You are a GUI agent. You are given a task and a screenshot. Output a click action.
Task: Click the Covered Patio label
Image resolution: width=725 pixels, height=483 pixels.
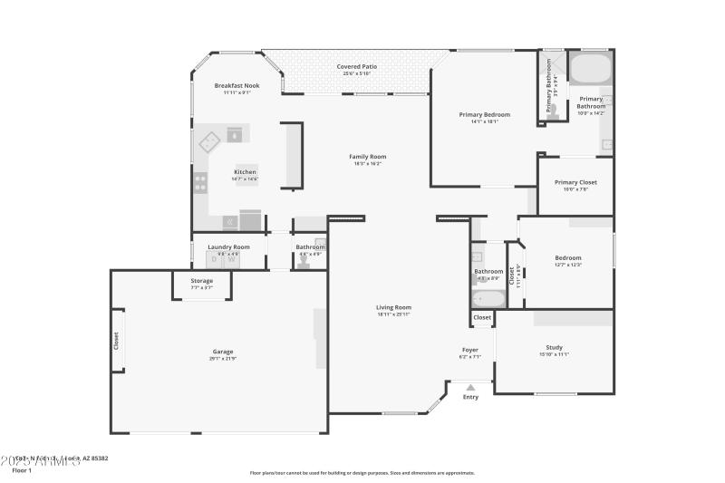pyautogui.click(x=357, y=67)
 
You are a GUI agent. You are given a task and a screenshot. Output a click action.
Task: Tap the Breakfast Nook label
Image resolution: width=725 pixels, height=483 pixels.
pyautogui.click(x=237, y=85)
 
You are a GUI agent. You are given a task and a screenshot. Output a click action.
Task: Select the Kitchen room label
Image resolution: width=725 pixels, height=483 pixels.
pyautogui.click(x=245, y=172)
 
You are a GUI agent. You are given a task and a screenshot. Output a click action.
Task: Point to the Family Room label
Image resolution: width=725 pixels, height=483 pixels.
pyautogui.click(x=367, y=157)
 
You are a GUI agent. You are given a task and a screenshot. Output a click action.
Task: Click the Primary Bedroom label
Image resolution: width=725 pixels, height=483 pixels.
pyautogui.click(x=484, y=115)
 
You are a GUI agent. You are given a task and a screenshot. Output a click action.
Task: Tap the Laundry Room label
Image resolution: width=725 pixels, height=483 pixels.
pyautogui.click(x=228, y=246)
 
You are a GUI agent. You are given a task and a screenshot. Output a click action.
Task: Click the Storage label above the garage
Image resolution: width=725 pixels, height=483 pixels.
pyautogui.click(x=202, y=281)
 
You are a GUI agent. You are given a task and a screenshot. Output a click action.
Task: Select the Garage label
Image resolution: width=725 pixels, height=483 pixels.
pyautogui.click(x=223, y=352)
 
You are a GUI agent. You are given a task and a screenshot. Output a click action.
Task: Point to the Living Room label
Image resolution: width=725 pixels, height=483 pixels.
pyautogui.click(x=393, y=307)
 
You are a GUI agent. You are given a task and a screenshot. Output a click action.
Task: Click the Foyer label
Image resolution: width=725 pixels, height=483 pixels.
pyautogui.click(x=470, y=350)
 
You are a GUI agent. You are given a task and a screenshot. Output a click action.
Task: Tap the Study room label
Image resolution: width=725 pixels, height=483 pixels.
pyautogui.click(x=555, y=347)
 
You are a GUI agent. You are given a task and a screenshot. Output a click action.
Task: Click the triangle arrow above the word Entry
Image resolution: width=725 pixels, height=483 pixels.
pyautogui.click(x=469, y=387)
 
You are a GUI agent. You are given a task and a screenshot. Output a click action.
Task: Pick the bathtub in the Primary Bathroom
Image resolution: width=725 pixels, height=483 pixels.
pyautogui.click(x=591, y=69)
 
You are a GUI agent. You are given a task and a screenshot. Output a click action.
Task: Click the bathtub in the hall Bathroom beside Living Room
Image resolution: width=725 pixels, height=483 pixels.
pyautogui.click(x=488, y=299)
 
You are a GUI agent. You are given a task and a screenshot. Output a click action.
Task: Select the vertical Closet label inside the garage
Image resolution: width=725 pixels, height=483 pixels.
pyautogui.click(x=116, y=341)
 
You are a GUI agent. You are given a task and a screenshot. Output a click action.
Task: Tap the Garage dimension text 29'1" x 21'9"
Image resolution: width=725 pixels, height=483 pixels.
pyautogui.click(x=223, y=359)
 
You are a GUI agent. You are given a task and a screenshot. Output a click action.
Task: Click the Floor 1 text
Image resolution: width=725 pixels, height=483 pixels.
pyautogui.click(x=22, y=470)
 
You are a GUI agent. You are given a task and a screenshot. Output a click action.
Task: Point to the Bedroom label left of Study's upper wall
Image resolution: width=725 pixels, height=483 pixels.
pyautogui.click(x=568, y=257)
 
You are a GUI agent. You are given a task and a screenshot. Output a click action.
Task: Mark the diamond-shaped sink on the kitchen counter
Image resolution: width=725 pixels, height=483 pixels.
pyautogui.click(x=210, y=141)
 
